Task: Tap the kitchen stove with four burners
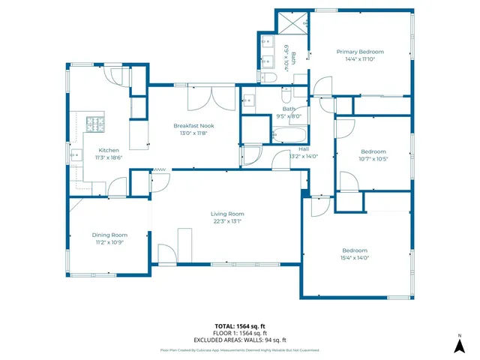pyautogui.click(x=95, y=122)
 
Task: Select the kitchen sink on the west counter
pyautogui.click(x=76, y=155)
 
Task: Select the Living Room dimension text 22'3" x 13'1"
pyautogui.click(x=226, y=221)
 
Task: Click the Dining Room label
pyautogui.click(x=109, y=235)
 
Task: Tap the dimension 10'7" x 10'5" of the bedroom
pyautogui.click(x=373, y=158)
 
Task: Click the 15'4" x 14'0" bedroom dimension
pyautogui.click(x=355, y=257)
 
